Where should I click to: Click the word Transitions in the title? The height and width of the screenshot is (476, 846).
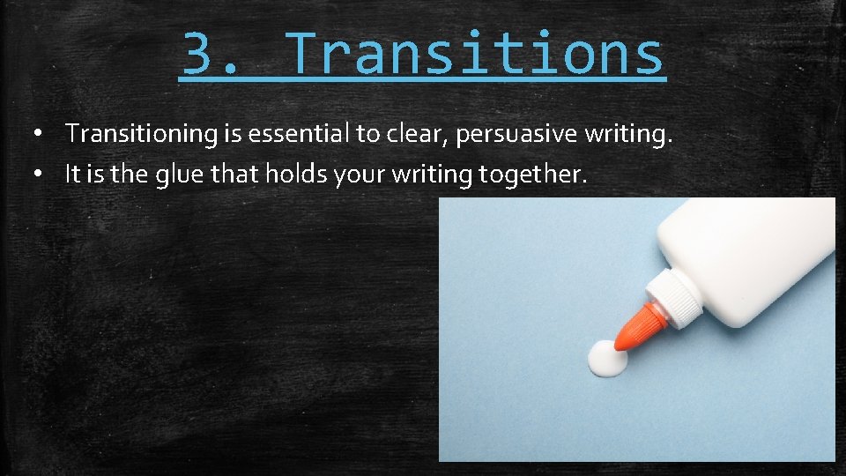click(475, 53)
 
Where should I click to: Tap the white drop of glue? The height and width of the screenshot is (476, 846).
click(608, 357)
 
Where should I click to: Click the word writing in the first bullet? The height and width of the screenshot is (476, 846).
click(631, 135)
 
